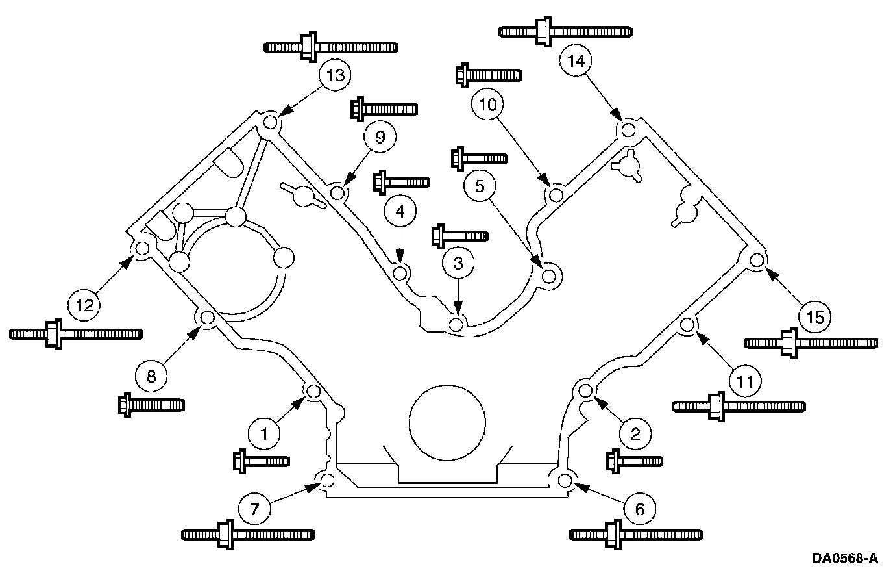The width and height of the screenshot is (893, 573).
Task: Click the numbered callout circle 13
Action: point(335,75)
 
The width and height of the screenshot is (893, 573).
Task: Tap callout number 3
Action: point(458,263)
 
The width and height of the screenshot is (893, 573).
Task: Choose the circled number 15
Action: point(815,316)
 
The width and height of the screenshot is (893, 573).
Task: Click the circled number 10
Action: point(491,103)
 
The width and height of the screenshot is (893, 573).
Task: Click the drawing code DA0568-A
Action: point(844,558)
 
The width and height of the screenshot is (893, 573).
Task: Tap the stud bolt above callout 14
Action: point(566,32)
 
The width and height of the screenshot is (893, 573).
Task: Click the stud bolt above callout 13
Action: point(331,47)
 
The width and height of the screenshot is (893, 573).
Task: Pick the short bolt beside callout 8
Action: point(151,405)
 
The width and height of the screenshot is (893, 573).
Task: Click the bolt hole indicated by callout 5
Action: point(549,276)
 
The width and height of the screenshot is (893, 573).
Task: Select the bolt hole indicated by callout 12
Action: point(141,248)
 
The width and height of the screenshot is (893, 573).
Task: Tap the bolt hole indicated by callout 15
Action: point(756,261)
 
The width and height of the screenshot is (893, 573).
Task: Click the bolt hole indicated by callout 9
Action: point(336,192)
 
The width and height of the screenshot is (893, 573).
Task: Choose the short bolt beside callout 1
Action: point(261,461)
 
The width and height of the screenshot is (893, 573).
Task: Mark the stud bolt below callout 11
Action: point(739,406)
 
